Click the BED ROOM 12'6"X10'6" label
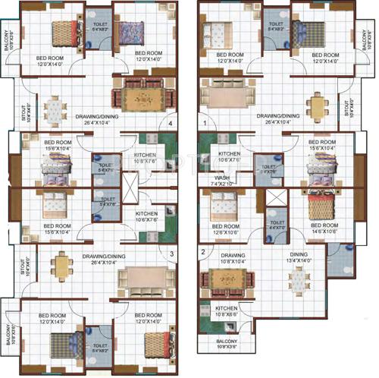227,228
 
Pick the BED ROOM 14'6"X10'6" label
321,228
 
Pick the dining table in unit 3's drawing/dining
60,266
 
